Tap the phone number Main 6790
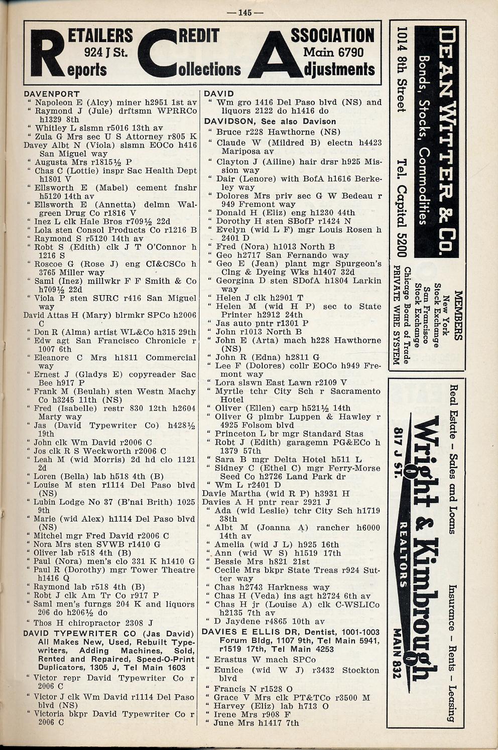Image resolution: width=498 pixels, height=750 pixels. pyautogui.click(x=333, y=52)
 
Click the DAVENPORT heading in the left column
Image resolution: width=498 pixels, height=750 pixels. pyautogui.click(x=52, y=94)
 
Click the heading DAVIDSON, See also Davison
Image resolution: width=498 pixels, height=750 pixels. pyautogui.click(x=270, y=121)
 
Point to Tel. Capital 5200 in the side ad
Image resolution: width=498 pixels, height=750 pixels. pyautogui.click(x=401, y=205)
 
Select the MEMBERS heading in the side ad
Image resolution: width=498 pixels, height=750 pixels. pyautogui.click(x=457, y=315)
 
